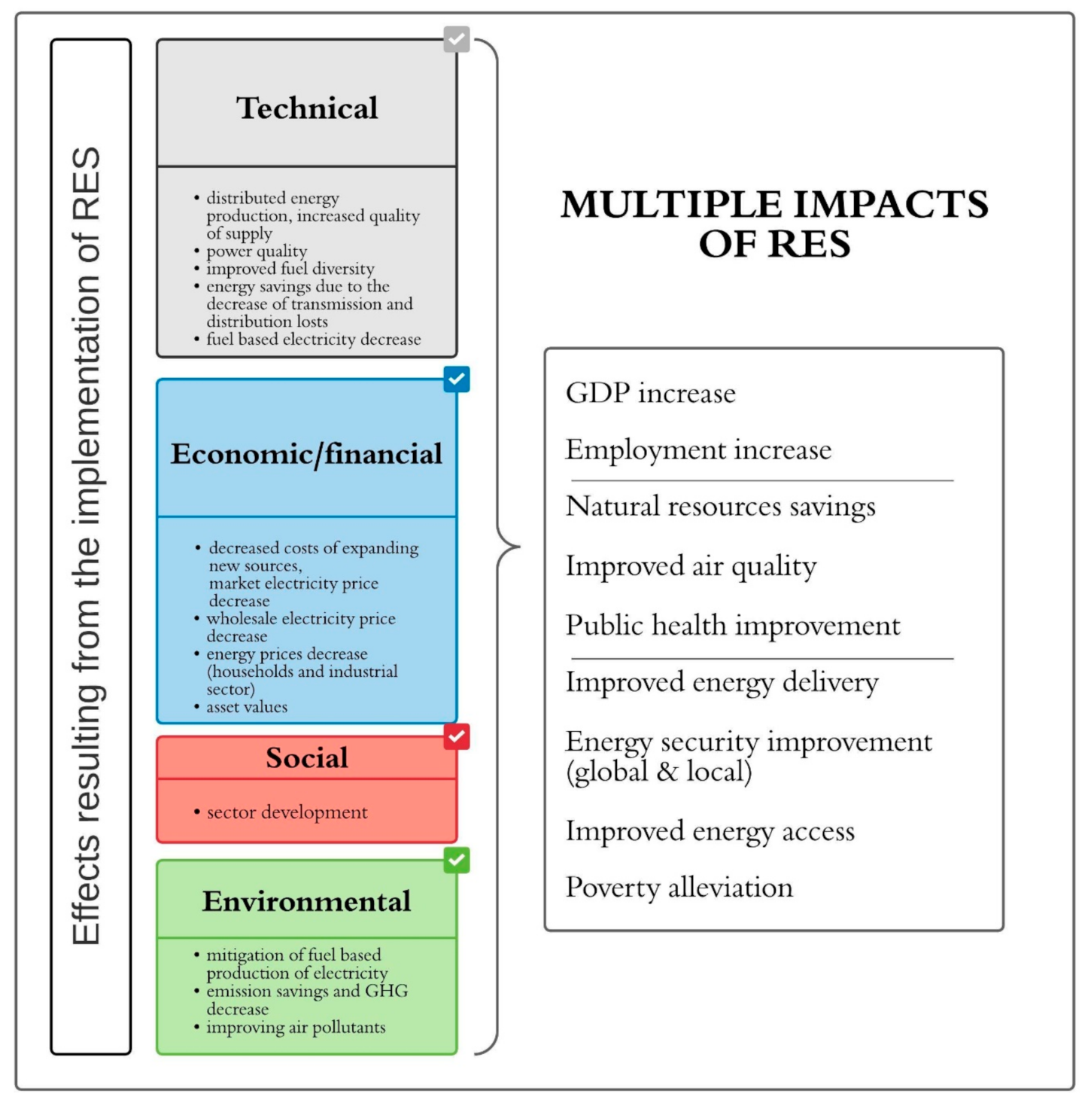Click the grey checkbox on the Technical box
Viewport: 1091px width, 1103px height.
coord(456,39)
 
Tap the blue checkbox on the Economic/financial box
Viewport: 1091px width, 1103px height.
coord(456,379)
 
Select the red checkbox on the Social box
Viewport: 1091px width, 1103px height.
coord(456,736)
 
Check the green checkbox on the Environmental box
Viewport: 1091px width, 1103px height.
coord(456,860)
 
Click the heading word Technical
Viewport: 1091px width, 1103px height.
coord(307,108)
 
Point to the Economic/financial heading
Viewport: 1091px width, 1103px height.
coord(307,454)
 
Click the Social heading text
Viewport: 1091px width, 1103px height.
coord(307,758)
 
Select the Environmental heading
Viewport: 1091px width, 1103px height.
coord(307,901)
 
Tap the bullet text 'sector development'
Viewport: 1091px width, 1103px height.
coord(287,812)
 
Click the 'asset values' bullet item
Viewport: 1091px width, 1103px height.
coord(247,707)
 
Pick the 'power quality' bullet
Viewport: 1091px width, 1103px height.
coord(257,251)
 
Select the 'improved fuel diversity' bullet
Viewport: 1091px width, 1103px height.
coord(290,269)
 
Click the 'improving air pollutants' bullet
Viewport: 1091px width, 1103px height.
coord(296,1028)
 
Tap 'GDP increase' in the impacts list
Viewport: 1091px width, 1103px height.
coord(651,394)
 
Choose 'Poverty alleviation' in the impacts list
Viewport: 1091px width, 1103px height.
coord(679,888)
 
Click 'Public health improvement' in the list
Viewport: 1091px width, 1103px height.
coord(733,626)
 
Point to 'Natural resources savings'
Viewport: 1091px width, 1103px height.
coord(720,507)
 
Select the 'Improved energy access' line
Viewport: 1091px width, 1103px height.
coord(710,832)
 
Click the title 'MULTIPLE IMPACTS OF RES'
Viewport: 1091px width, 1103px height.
coord(774,224)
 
